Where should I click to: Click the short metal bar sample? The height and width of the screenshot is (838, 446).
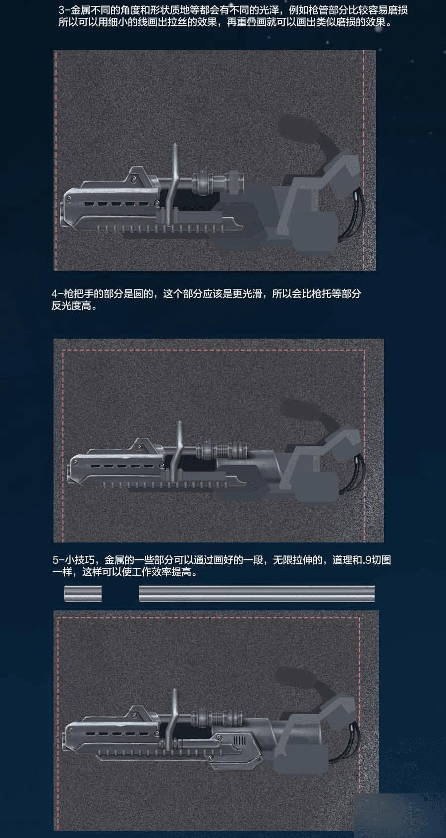pos(83,594)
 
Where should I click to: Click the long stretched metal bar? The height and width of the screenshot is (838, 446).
pos(256,594)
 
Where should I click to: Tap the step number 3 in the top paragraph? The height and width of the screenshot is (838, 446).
pos(61,10)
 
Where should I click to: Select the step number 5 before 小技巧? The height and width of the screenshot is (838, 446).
pos(56,560)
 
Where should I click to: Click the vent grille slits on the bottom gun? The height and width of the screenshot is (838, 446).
pos(239,740)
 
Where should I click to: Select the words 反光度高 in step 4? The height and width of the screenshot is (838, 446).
pos(73,306)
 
